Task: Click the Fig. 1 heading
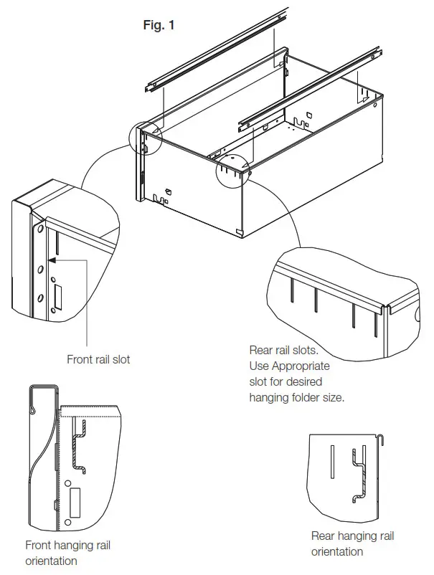click(159, 25)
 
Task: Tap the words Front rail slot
click(98, 359)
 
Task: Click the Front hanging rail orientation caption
click(67, 553)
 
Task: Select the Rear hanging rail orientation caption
click(352, 543)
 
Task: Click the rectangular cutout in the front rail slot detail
click(57, 298)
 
